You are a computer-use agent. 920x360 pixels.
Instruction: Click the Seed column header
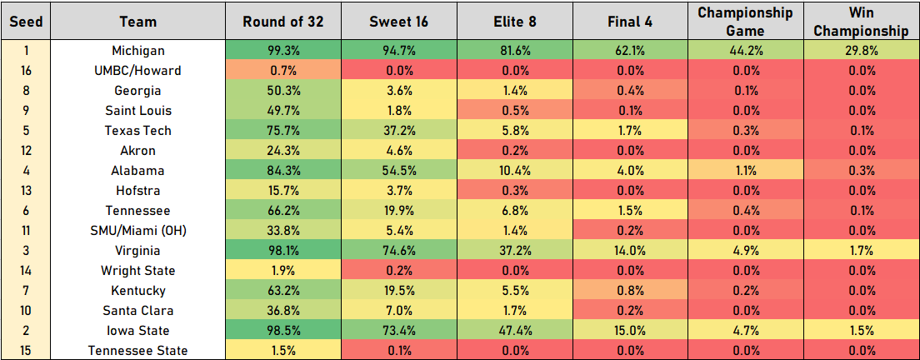[x=25, y=22]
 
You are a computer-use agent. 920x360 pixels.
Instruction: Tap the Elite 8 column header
[x=514, y=22]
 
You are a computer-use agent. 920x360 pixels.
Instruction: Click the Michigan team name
[x=137, y=51]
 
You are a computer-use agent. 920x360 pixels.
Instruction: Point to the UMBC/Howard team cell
[x=137, y=71]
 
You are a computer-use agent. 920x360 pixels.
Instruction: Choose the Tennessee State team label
[x=137, y=351]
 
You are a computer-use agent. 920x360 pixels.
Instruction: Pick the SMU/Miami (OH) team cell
[x=137, y=231]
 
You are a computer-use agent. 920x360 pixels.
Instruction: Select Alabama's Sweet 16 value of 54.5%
[x=398, y=171]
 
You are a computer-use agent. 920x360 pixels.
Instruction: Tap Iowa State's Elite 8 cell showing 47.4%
[x=514, y=331]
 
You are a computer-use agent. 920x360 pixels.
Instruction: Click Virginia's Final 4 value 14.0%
[x=630, y=251]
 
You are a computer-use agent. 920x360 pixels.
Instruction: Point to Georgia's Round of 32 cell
[x=283, y=91]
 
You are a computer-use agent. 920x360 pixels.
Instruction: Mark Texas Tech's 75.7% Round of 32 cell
[x=283, y=131]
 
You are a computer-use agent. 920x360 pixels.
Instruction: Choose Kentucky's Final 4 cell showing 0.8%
[x=630, y=291]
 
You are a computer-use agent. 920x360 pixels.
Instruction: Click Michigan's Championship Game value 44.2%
[x=745, y=51]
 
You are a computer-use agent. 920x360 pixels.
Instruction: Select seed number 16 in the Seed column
[x=25, y=71]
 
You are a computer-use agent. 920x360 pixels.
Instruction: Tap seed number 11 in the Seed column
[x=25, y=231]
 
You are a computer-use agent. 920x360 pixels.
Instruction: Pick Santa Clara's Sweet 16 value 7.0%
[x=398, y=311]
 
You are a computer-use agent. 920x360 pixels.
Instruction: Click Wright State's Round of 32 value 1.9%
[x=283, y=271]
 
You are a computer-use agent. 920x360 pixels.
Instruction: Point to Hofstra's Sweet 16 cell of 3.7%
[x=398, y=191]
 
